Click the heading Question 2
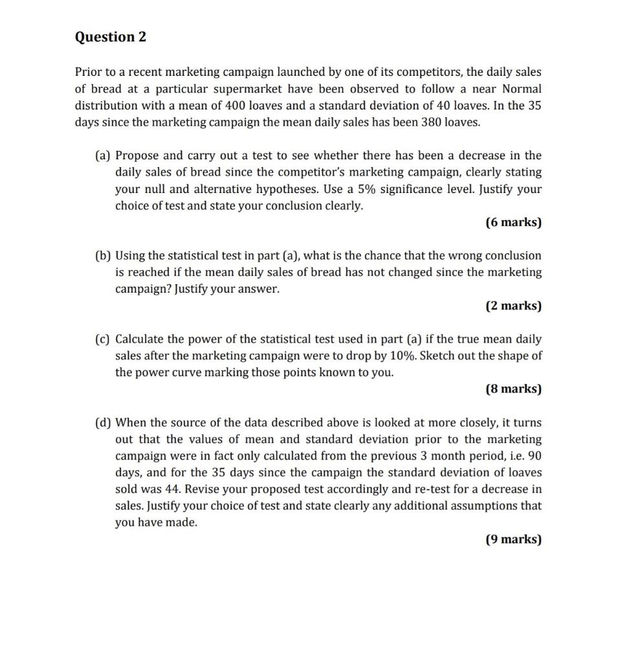[x=111, y=37]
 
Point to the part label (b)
[x=103, y=256]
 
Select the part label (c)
[x=103, y=339]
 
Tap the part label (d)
[x=103, y=423]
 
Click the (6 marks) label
[x=513, y=222]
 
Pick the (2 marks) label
[x=513, y=306]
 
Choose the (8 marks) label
[x=513, y=389]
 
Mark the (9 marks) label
[x=513, y=539]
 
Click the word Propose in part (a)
[x=137, y=155]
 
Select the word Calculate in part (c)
[x=140, y=339]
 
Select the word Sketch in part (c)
[x=438, y=356]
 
